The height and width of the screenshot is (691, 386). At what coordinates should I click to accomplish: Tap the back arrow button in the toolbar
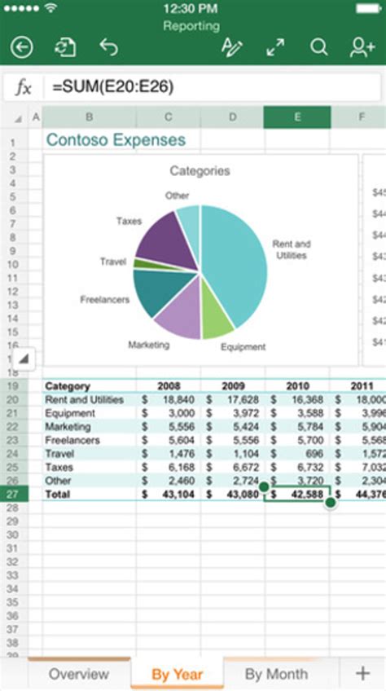(22, 48)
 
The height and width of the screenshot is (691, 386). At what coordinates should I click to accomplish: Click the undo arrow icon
(108, 48)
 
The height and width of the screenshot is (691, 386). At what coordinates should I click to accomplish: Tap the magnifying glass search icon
(318, 48)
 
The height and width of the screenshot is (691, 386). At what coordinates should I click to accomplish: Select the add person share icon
(362, 48)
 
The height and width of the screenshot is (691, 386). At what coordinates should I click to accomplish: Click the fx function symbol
(24, 87)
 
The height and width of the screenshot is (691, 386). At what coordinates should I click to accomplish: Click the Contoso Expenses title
(115, 139)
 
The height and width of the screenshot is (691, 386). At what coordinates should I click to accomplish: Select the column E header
(296, 117)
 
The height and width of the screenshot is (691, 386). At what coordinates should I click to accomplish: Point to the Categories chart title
(200, 171)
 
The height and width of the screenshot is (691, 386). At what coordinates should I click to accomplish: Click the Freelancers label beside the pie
(104, 300)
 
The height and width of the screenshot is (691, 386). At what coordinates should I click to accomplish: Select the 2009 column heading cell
(233, 386)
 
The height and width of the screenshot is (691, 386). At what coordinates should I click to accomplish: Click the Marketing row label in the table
(68, 427)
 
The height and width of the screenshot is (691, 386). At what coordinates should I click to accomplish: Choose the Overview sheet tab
(78, 674)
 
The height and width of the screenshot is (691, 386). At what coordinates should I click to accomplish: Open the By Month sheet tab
(276, 674)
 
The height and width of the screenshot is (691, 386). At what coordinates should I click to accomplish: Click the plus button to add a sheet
(362, 673)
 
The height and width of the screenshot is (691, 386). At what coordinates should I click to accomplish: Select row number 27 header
(13, 494)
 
